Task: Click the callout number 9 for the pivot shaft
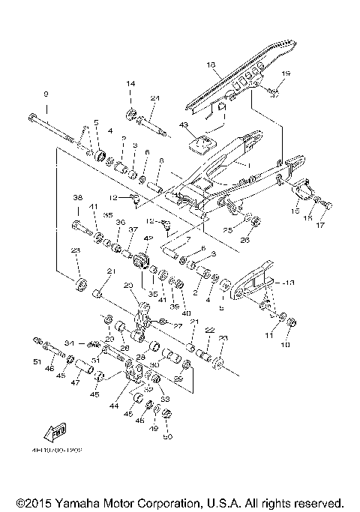pyautogui.click(x=45, y=94)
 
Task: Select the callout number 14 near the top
pyautogui.click(x=130, y=83)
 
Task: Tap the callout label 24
pyautogui.click(x=155, y=99)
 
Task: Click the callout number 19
pyautogui.click(x=286, y=73)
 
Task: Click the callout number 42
pyautogui.click(x=148, y=238)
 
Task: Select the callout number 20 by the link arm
pyautogui.click(x=127, y=286)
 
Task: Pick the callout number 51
pyautogui.click(x=37, y=361)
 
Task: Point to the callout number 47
pyautogui.click(x=75, y=382)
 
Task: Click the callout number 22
pyautogui.click(x=209, y=331)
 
